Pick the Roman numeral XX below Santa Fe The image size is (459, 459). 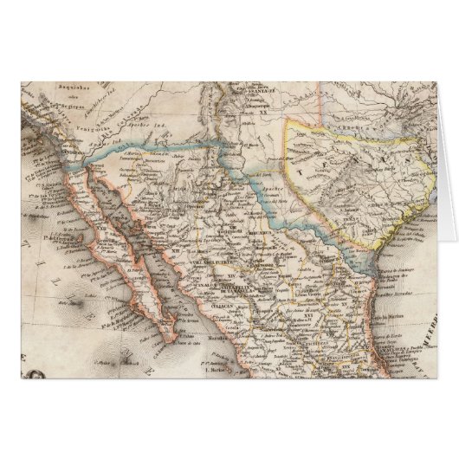[257, 111]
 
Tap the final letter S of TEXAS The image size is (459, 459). [400, 159]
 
